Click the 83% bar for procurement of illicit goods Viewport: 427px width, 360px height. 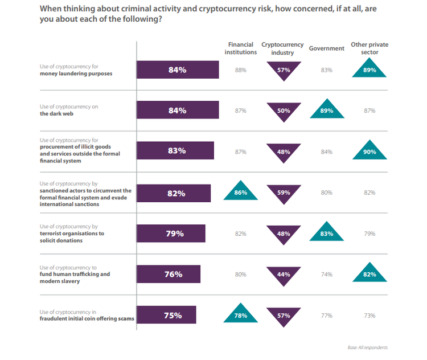[175, 151]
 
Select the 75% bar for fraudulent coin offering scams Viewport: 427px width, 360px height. [166, 315]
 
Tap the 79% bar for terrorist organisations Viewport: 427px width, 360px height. [171, 234]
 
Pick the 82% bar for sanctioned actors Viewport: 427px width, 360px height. [174, 193]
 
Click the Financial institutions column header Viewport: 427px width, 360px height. [240, 48]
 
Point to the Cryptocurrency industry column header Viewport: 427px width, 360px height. [283, 48]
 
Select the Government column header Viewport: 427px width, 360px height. [326, 48]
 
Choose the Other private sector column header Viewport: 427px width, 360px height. [369, 48]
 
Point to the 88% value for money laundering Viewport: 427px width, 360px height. [240, 70]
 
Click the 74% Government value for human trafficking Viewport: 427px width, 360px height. [327, 275]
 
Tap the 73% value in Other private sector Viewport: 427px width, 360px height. [369, 315]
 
